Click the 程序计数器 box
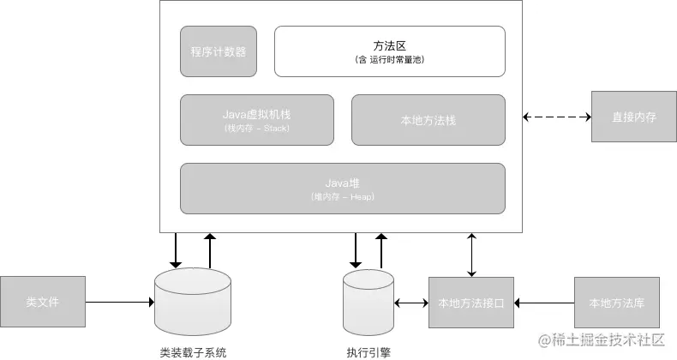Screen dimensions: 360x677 [219, 51]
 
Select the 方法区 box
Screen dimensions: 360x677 [389, 51]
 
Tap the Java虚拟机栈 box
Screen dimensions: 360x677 [257, 119]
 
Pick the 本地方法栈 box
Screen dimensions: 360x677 [428, 119]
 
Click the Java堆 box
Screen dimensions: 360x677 [342, 188]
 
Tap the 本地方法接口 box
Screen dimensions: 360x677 [470, 302]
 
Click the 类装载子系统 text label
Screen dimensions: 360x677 [193, 351]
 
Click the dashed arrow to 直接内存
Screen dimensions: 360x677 [557, 117]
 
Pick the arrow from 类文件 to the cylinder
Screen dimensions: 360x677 [120, 302]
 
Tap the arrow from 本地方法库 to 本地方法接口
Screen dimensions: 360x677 [544, 302]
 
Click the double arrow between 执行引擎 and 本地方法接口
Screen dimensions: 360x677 [410, 302]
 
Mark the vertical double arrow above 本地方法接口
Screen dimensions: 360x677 [470, 254]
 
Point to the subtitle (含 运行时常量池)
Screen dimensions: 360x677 [389, 61]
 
